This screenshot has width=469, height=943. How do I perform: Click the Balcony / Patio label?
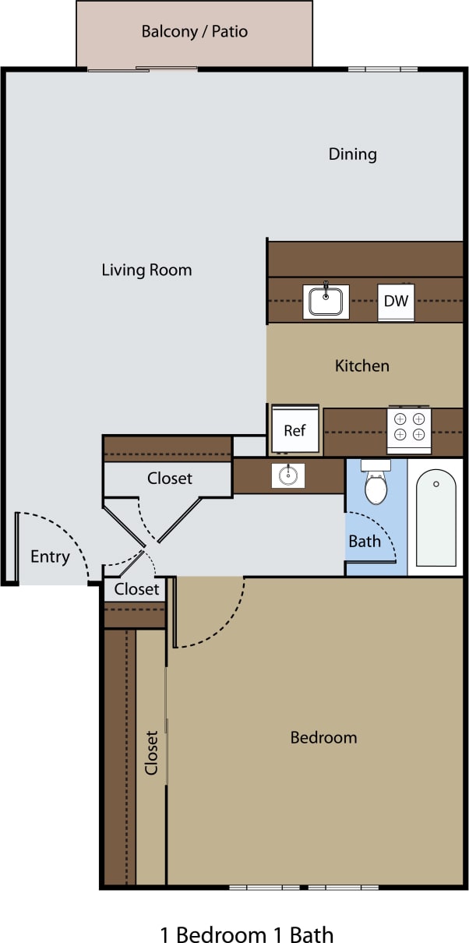pos(195,32)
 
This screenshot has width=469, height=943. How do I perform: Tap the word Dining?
pos(352,154)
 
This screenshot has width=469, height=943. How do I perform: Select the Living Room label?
pos(146,270)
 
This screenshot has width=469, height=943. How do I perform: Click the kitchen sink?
pos(326,301)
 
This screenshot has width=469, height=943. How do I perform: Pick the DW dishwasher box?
pos(396,302)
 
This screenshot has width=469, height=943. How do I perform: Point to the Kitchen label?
pos(361,366)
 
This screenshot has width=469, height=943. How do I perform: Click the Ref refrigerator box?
pos(294,430)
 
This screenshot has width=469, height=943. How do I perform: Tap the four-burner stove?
pos(409,428)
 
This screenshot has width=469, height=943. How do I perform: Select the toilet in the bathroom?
pos(376,485)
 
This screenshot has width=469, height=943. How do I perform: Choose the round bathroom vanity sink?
pos(288,475)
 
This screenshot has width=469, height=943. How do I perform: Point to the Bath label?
pos(364,541)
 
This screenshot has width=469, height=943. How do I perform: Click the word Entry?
pos(50,557)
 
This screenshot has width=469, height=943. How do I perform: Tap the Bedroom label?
pos(323,737)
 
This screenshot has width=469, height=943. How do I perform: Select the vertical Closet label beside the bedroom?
pos(151,752)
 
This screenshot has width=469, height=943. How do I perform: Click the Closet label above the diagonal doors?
pos(170,478)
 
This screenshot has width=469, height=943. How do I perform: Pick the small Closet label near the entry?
pos(136,590)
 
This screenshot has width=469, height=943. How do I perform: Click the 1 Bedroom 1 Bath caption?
pos(247,934)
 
